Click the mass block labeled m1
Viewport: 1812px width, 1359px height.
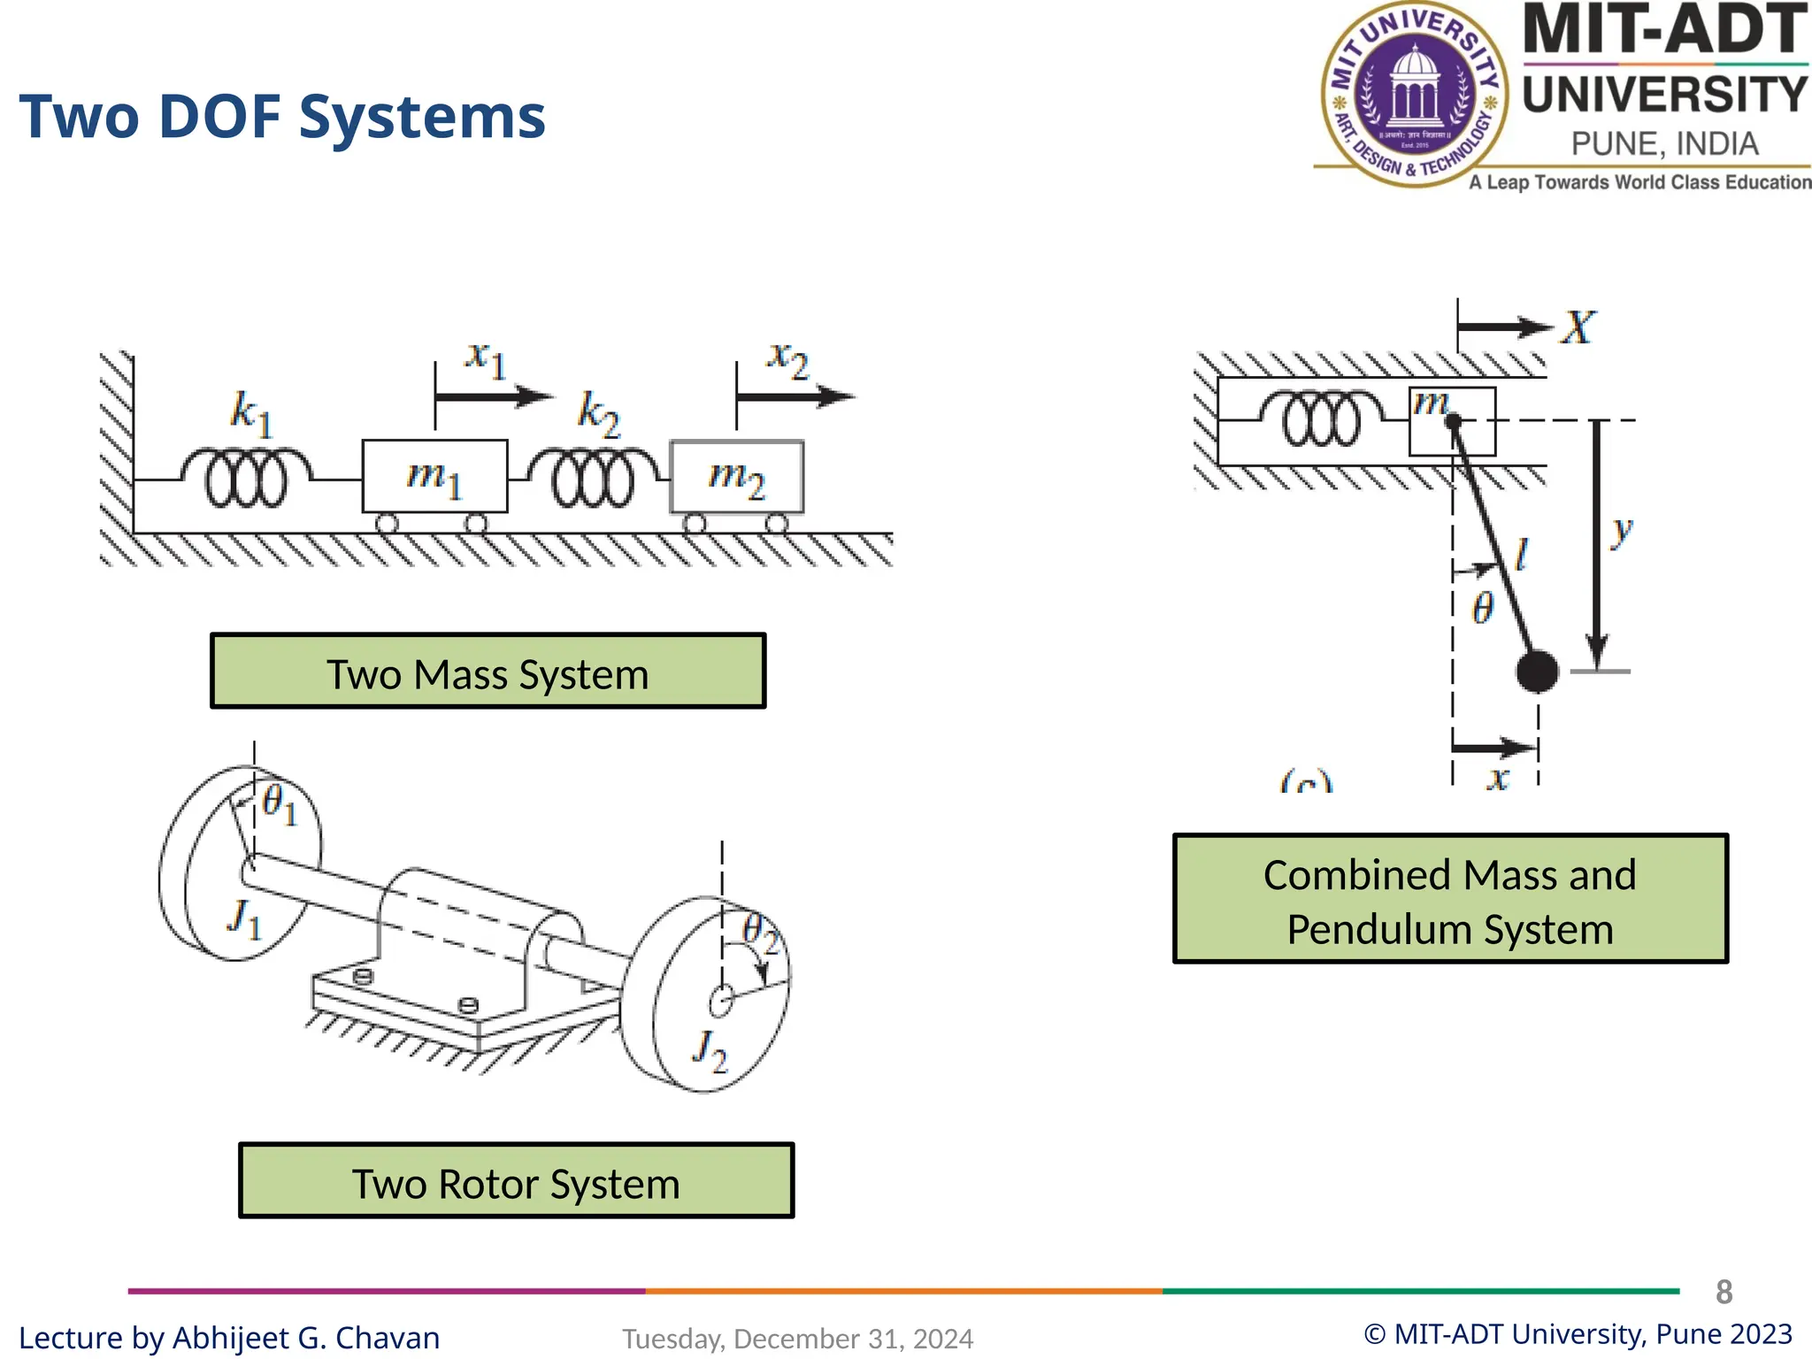click(x=434, y=476)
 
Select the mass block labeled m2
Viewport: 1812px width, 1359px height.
click(x=737, y=477)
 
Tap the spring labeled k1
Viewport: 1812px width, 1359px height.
click(x=246, y=478)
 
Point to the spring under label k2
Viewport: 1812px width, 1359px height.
click(x=593, y=478)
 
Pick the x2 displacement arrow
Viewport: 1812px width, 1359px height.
click(x=795, y=396)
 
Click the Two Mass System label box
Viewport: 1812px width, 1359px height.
click(x=488, y=671)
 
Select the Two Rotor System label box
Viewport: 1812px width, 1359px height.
click(x=516, y=1180)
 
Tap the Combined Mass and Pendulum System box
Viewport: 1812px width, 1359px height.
click(x=1450, y=899)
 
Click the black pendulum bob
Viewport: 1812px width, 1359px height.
click(x=1537, y=672)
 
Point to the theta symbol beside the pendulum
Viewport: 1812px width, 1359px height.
click(x=1483, y=608)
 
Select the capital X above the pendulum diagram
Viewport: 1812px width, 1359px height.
click(x=1578, y=327)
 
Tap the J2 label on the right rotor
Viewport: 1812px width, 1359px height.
click(x=710, y=1050)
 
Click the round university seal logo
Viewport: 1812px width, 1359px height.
click(x=1414, y=94)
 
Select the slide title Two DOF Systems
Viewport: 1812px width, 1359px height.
click(x=282, y=117)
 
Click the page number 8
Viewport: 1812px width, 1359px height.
click(x=1724, y=1292)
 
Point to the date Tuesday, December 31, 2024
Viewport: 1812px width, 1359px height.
click(x=797, y=1339)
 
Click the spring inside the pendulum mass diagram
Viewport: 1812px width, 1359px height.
click(x=1321, y=419)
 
